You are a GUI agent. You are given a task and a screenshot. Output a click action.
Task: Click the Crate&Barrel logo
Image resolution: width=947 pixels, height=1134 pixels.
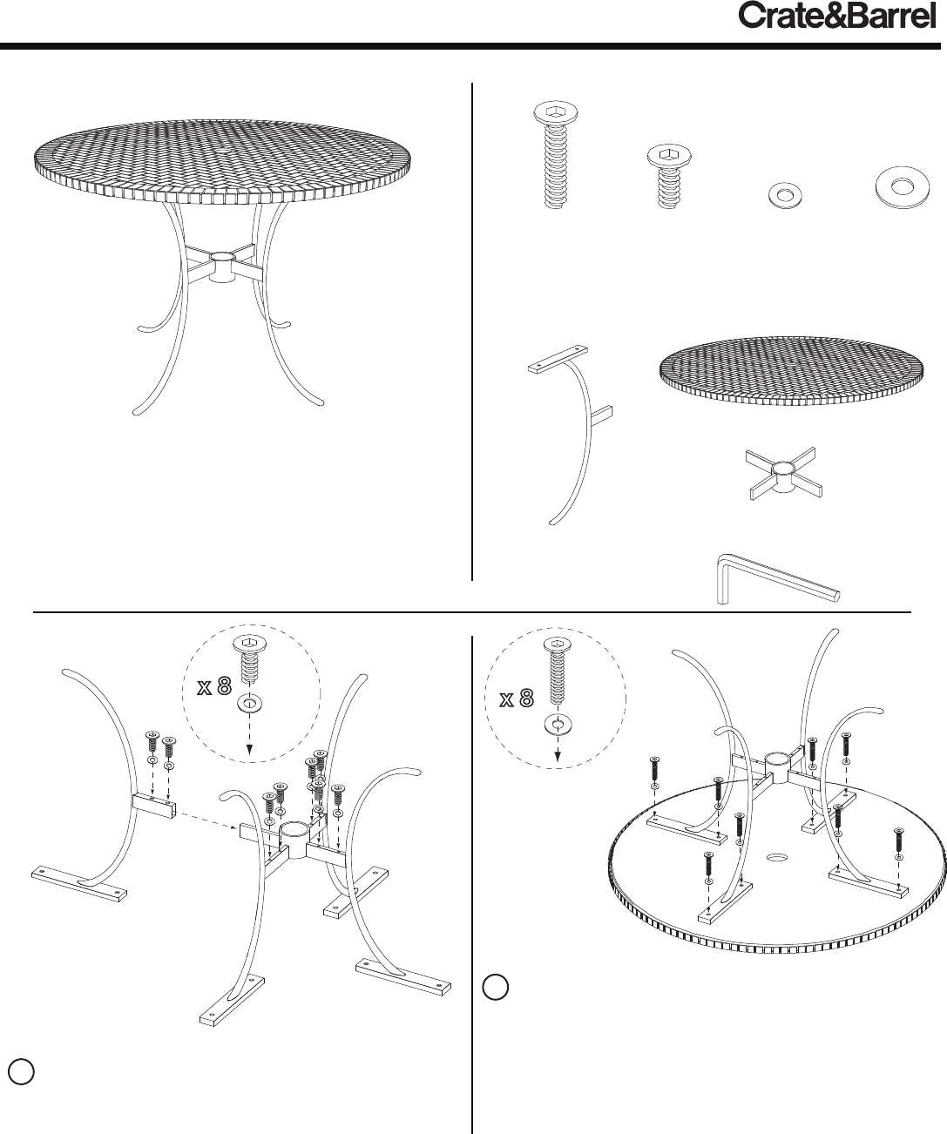coord(837,17)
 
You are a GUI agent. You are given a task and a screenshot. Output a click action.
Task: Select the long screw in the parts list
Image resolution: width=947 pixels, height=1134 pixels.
coord(555,154)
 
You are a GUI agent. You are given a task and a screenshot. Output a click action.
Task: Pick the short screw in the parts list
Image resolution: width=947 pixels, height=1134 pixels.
coord(669,177)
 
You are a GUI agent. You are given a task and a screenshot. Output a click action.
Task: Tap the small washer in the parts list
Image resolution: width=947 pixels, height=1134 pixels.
coord(785,195)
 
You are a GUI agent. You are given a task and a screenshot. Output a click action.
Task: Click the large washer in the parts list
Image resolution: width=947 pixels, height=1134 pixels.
coord(903,187)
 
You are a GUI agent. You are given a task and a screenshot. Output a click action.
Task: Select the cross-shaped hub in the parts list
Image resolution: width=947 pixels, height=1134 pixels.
coord(783,473)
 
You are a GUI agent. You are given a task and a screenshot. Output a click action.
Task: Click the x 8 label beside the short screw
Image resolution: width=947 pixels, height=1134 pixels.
coord(214,687)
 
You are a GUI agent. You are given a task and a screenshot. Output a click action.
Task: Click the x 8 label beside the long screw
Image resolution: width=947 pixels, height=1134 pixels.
coord(517,699)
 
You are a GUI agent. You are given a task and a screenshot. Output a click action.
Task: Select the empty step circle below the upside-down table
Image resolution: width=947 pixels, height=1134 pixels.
coord(496,987)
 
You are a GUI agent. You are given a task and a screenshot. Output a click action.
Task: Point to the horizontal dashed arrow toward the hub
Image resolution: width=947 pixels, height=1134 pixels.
coord(207,820)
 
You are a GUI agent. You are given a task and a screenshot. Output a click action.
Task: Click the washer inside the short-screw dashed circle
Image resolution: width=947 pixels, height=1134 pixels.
coord(249,705)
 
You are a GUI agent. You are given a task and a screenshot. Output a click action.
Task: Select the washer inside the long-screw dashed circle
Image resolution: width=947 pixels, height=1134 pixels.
coord(558,724)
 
